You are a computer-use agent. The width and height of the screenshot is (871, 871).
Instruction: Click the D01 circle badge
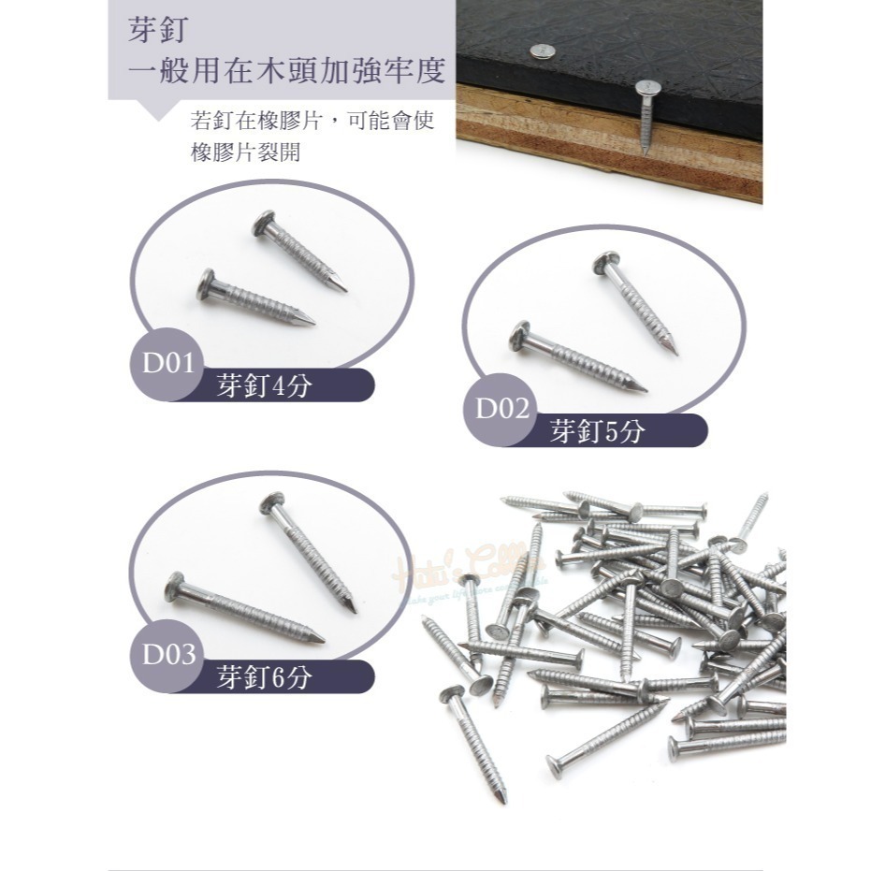[x=167, y=364]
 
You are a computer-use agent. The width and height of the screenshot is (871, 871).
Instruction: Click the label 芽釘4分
[x=263, y=385]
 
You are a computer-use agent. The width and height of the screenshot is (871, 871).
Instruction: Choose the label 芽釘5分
[x=598, y=431]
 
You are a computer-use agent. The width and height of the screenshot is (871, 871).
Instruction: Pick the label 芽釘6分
[x=263, y=677]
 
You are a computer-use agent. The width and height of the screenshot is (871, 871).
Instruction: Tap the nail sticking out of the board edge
[x=647, y=112]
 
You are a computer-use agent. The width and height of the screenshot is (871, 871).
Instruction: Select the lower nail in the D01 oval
[x=255, y=298]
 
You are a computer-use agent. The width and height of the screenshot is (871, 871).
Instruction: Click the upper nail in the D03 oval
[x=308, y=551]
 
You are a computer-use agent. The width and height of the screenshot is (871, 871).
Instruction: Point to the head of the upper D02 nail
[x=605, y=263]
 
